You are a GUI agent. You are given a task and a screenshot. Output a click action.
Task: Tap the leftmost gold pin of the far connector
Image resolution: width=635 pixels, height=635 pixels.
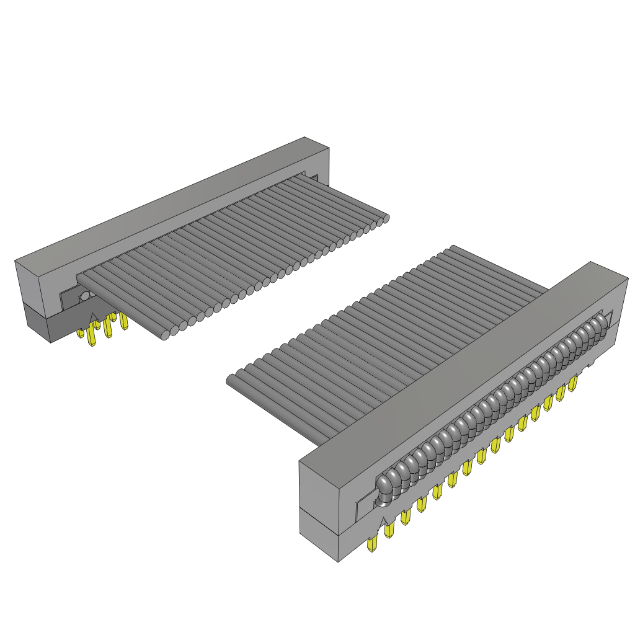pos(81,333)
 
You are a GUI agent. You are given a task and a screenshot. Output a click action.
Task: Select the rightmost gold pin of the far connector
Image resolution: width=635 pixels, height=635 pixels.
pos(123,321)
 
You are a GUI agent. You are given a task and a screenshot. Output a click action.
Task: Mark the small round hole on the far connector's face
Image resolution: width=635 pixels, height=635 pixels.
pos(84,296)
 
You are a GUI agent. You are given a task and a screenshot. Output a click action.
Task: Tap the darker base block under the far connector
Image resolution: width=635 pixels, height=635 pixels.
pos(37,322)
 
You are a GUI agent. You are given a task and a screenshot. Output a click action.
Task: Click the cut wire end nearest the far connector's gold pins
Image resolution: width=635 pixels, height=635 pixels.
pos(165,335)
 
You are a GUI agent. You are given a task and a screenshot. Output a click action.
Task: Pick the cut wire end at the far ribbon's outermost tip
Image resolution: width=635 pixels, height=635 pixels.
pos(386,218)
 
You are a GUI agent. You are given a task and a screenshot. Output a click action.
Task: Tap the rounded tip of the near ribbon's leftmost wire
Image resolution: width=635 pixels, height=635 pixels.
pos(231,380)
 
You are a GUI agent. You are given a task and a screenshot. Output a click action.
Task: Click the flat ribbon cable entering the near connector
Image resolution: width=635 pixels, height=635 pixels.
pos(384,341)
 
